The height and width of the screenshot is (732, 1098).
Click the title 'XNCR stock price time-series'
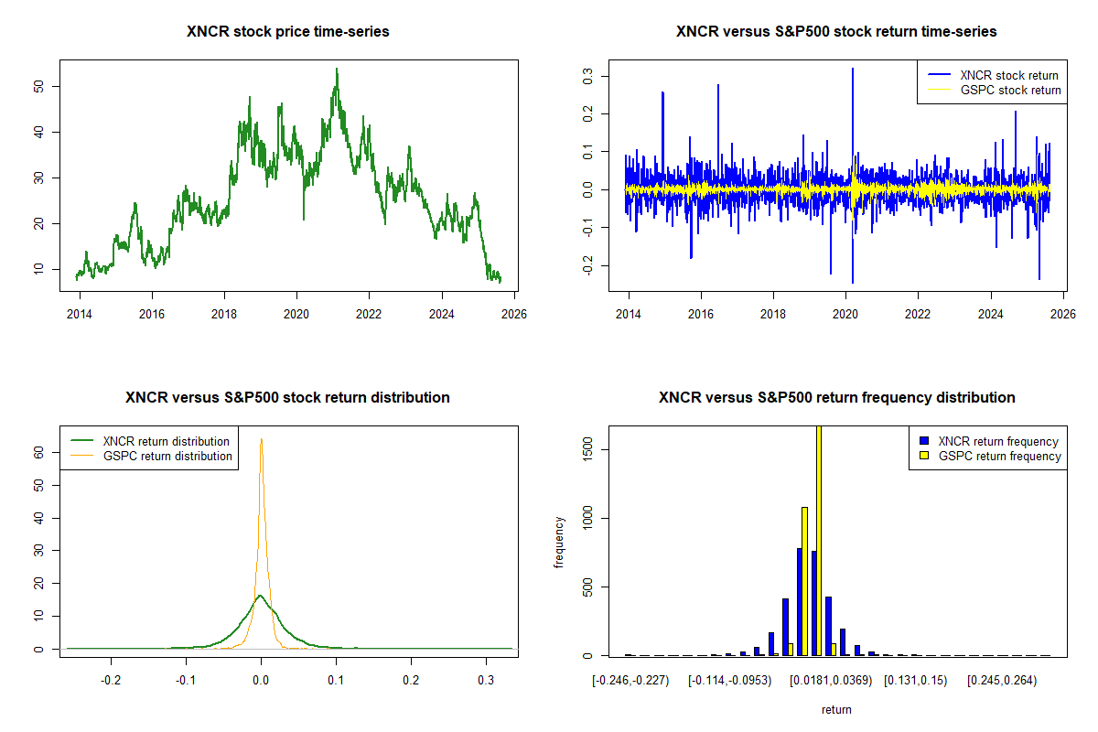[x=288, y=32]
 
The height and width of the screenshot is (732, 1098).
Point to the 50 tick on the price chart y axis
[x=41, y=86]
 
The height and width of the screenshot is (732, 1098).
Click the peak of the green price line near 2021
[x=336, y=69]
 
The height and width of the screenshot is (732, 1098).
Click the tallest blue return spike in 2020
[x=852, y=70]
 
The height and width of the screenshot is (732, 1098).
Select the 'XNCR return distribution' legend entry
[x=166, y=441]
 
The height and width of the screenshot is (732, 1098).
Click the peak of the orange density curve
[x=261, y=439]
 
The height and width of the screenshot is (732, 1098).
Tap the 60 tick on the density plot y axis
[x=41, y=452]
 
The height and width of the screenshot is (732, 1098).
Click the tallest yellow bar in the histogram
[x=818, y=540]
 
